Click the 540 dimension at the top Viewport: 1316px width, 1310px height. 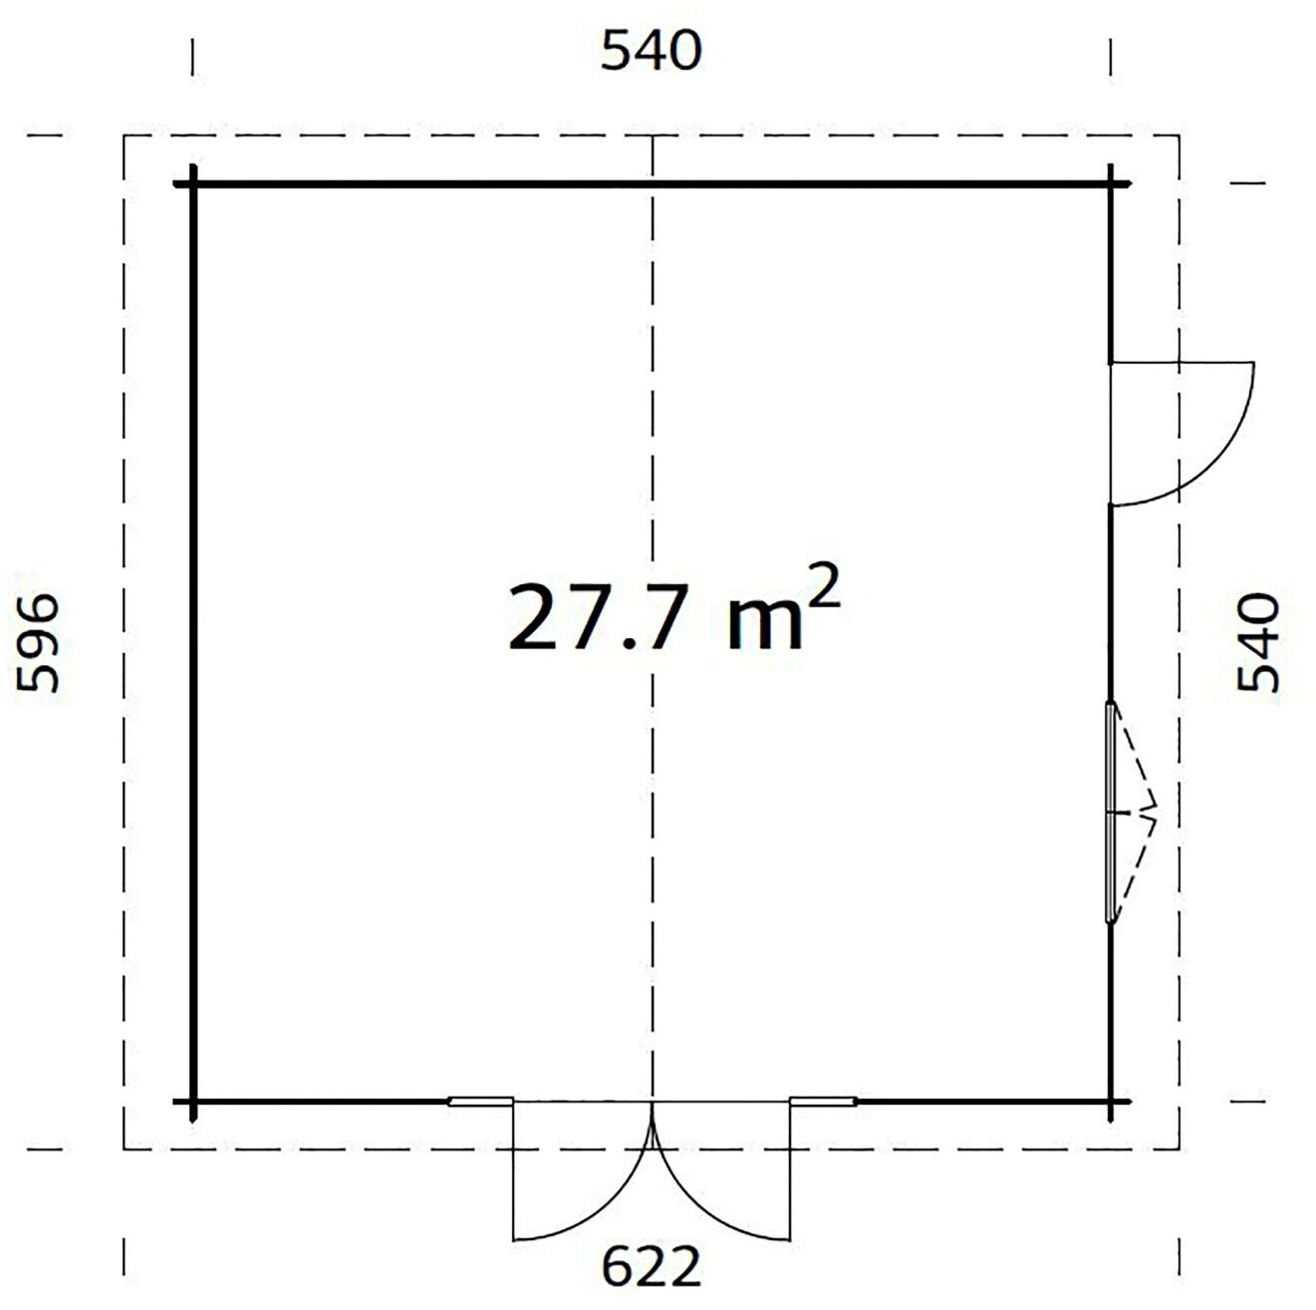651,52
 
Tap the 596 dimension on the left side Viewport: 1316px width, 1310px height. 38,642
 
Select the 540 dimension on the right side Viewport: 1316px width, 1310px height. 1257,642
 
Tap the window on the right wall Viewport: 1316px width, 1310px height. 1111,813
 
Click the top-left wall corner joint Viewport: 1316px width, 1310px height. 194,183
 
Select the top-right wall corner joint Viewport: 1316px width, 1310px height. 1111,183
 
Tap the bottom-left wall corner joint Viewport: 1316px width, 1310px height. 194,1103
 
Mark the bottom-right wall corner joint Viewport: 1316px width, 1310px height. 1111,1103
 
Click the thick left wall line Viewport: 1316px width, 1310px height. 194,643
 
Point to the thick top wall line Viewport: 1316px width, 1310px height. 653,183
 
